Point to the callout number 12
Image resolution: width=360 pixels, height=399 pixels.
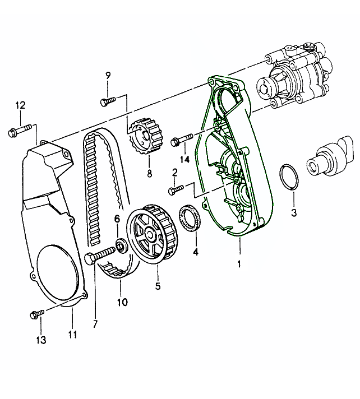(x=20, y=105)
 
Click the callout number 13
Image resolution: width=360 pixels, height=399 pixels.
(x=41, y=340)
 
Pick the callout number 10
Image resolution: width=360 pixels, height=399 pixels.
(x=122, y=302)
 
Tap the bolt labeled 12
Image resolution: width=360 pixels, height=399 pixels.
(x=19, y=132)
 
